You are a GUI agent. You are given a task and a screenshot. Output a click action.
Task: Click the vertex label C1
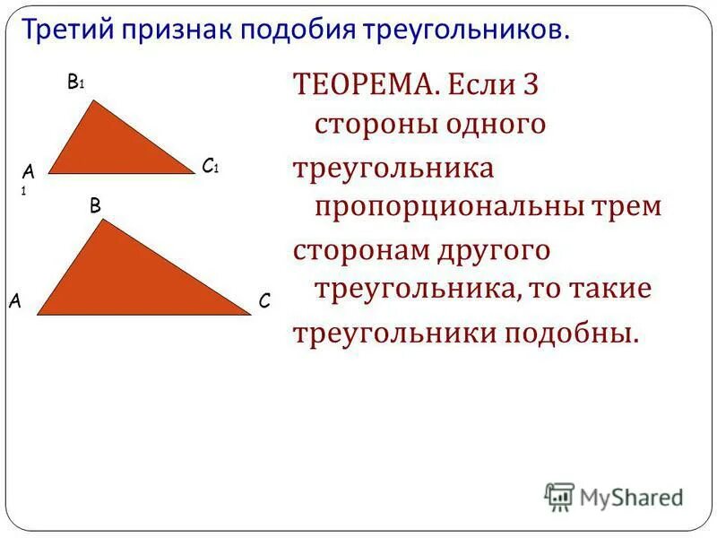coord(211,166)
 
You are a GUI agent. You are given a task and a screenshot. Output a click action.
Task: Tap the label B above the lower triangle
coord(95,205)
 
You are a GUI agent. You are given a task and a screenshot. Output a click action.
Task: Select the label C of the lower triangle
coord(263,302)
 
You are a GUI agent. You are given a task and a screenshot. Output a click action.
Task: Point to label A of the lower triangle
coord(16,302)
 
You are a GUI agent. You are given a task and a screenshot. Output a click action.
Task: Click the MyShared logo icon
coord(559,495)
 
